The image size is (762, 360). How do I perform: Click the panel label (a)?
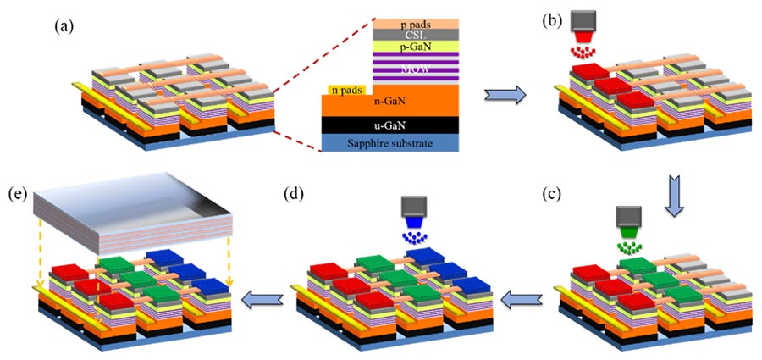[x=63, y=26]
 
